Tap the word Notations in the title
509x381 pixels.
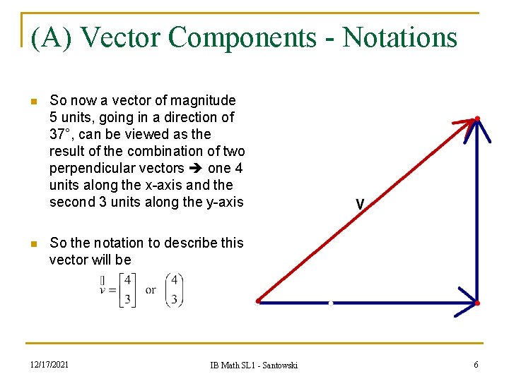pos(400,37)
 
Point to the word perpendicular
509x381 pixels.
pos(90,169)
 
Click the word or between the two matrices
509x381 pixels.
pos(151,290)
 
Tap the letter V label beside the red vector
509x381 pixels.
pos(360,205)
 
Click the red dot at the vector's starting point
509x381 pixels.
pos(258,301)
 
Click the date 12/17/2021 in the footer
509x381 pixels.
pos(49,364)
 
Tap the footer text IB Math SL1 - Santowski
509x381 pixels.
pos(254,365)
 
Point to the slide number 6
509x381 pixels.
pos(476,364)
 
